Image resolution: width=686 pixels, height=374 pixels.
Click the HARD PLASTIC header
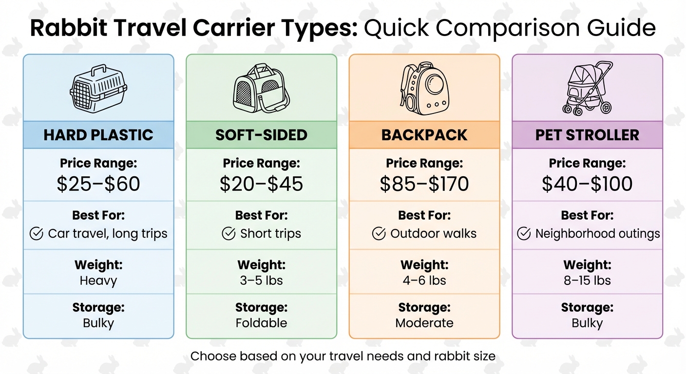pyautogui.click(x=98, y=135)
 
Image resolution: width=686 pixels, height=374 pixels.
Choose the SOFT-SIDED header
pyautogui.click(x=261, y=135)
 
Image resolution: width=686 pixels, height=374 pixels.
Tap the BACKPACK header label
pyautogui.click(x=424, y=135)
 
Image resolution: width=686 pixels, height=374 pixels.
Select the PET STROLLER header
pyautogui.click(x=587, y=135)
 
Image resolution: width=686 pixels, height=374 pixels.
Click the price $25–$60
pyautogui.click(x=98, y=184)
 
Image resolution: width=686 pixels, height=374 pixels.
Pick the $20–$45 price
pyautogui.click(x=261, y=184)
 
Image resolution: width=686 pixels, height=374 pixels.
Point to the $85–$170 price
pyautogui.click(x=424, y=184)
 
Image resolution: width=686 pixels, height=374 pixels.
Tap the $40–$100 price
pyautogui.click(x=587, y=184)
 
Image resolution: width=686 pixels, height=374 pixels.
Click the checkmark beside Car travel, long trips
pyautogui.click(x=37, y=234)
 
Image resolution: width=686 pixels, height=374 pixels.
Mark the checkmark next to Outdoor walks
pyautogui.click(x=379, y=234)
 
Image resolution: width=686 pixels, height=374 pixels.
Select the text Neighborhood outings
pyautogui.click(x=597, y=234)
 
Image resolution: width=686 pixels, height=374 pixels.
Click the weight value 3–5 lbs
pyautogui.click(x=261, y=280)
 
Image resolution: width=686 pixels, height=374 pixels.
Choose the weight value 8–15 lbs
pyautogui.click(x=587, y=280)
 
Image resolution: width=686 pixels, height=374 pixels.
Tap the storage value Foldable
pyautogui.click(x=261, y=323)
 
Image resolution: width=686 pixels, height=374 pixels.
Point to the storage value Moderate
pyautogui.click(x=424, y=323)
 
